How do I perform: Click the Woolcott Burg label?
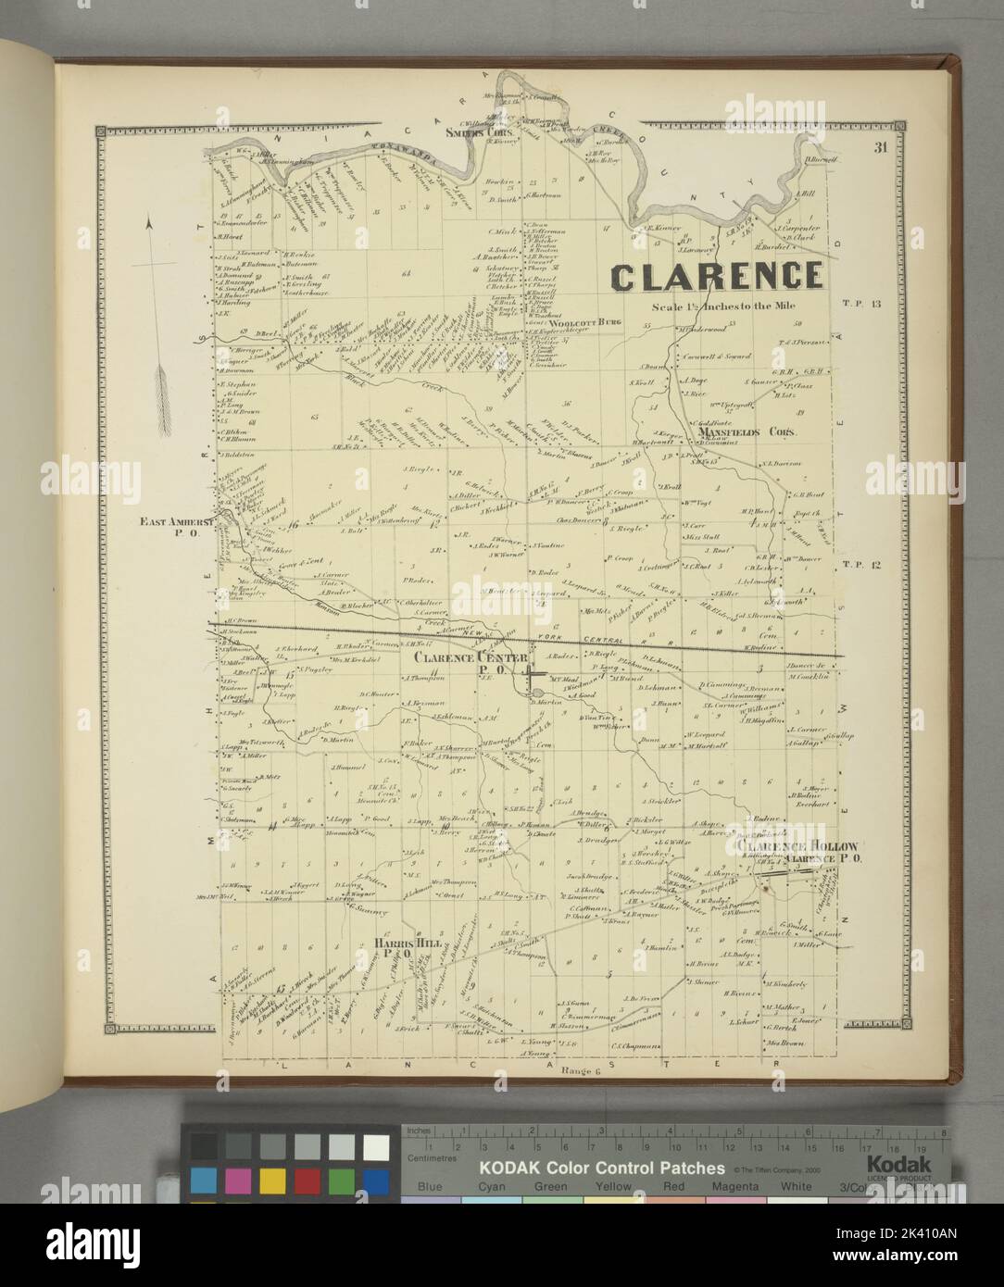584,321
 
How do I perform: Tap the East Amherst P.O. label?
177,527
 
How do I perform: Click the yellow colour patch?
271,1181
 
